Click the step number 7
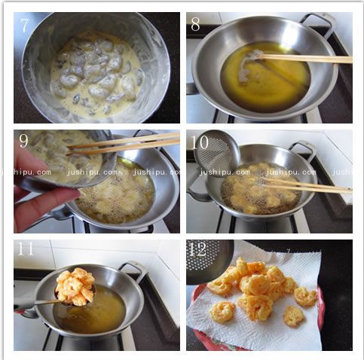point(24,25)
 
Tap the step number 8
point(195,25)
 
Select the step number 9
point(23,141)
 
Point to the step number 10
point(200,142)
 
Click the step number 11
point(26,249)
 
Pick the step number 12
point(197,249)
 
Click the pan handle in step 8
point(319,24)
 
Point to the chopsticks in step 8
point(301,59)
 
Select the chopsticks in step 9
point(123,144)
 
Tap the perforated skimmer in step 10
point(216,152)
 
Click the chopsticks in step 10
point(305,185)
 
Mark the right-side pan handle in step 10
point(303,150)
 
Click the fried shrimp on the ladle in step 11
point(75,287)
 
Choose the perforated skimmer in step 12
point(210,261)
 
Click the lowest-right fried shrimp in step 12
point(293,316)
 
